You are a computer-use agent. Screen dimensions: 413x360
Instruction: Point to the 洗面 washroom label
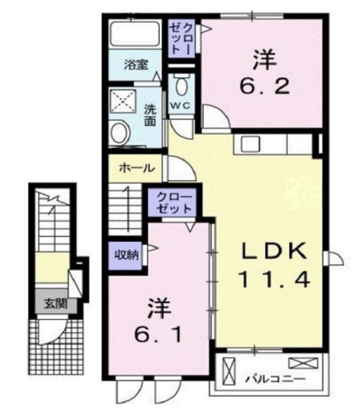(149, 115)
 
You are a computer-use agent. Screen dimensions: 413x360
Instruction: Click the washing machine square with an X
(123, 102)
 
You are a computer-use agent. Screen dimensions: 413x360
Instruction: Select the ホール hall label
(136, 168)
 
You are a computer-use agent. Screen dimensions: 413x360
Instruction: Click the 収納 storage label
(125, 255)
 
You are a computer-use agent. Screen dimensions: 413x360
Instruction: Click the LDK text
(274, 251)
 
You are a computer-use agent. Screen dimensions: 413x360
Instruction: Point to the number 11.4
(274, 279)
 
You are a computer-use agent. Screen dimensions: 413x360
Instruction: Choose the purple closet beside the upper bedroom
(180, 38)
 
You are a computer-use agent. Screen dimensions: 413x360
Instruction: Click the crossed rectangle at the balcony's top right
(303, 363)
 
